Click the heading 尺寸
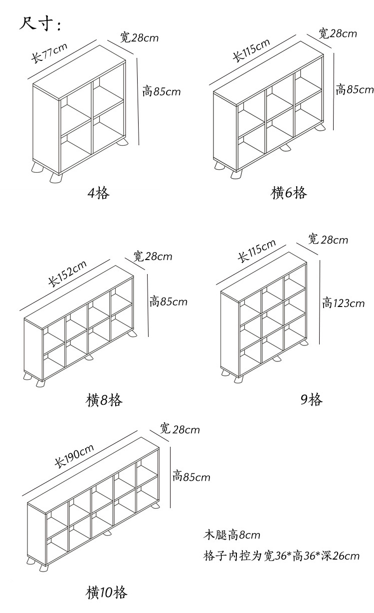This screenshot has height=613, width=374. tap(40, 23)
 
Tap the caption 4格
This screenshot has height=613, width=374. tap(98, 193)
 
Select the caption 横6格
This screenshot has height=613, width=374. tap(289, 193)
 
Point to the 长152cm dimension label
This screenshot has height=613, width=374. tap(67, 274)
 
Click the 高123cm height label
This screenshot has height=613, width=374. tap(343, 303)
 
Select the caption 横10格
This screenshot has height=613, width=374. tap(107, 593)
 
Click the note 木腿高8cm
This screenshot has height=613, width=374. tap(232, 535)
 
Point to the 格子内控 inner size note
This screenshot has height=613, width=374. tap(281, 556)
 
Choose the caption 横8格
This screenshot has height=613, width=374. tap(104, 400)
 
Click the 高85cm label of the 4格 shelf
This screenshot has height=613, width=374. tap(161, 91)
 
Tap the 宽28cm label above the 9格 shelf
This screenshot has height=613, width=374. tap(328, 240)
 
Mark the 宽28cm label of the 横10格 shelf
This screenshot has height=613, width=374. tap(180, 429)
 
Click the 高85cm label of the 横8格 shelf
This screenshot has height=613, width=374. tap(169, 302)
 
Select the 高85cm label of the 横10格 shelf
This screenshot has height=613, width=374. tap(191, 477)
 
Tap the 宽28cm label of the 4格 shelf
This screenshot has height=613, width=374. tap(139, 37)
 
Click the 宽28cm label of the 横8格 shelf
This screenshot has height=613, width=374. tap(153, 257)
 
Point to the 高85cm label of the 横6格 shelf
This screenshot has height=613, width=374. tap(354, 90)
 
